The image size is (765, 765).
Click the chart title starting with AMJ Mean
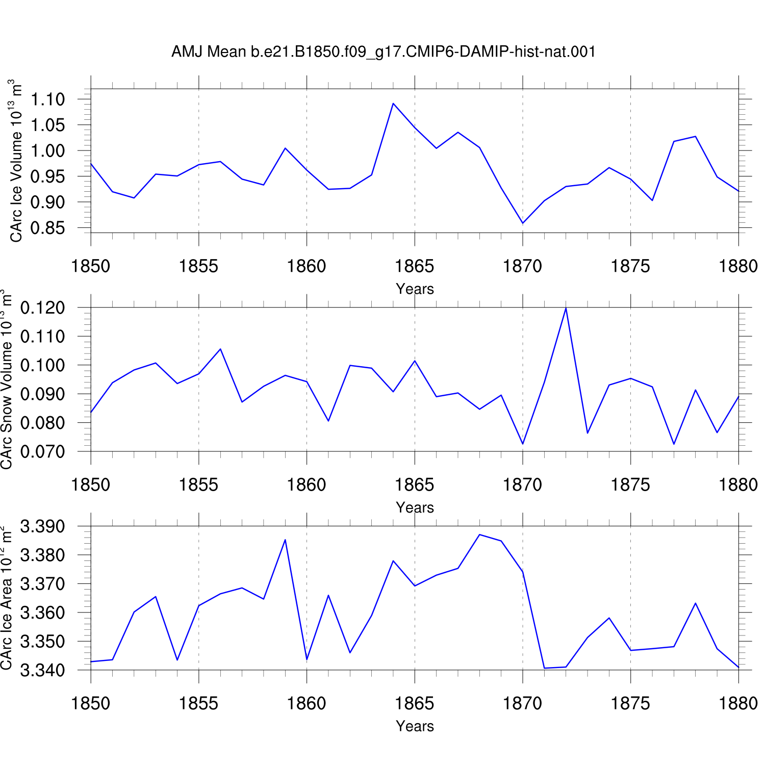(384, 52)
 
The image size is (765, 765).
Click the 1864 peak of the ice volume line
(393, 104)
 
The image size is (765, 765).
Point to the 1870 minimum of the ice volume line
(523, 223)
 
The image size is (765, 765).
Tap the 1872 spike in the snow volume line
(566, 308)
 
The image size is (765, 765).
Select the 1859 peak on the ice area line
(285, 540)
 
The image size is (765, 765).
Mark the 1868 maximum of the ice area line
(479, 534)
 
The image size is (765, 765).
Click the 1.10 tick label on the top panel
(48, 99)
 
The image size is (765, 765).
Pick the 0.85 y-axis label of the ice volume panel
(48, 228)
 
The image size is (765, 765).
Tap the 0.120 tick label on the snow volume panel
(43, 308)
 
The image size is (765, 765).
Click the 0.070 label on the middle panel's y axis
(43, 452)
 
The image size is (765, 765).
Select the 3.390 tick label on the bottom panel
(43, 526)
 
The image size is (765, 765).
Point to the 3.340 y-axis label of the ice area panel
(43, 670)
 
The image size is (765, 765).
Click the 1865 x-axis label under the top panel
(415, 266)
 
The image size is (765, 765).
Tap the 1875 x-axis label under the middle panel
(631, 484)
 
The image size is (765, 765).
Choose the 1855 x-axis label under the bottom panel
(198, 703)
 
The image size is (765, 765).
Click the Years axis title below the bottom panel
(415, 726)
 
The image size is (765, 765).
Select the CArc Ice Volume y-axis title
(16, 161)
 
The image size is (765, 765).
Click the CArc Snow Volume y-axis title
(7, 379)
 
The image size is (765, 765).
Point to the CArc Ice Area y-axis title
(7, 597)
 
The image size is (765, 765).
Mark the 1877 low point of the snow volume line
(674, 444)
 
